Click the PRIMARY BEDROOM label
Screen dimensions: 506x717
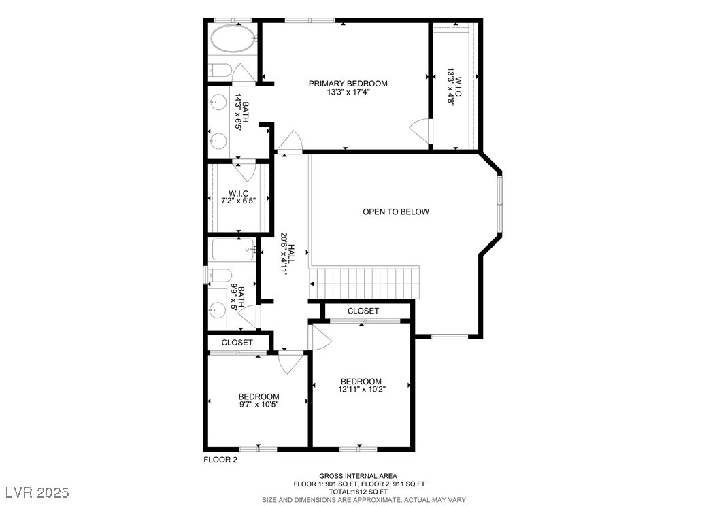point(348,84)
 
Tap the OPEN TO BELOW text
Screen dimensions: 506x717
point(395,212)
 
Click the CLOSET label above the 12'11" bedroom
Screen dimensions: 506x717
point(363,311)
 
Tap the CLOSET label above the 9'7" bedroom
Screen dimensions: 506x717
point(237,343)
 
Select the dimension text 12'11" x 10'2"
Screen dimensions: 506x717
point(361,390)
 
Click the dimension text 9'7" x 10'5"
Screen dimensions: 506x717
point(258,405)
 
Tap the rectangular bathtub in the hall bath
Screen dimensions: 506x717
point(233,250)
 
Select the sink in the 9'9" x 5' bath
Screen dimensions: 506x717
point(218,310)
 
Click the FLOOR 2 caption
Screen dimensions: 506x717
point(220,460)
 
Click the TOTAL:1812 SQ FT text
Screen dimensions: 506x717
point(358,492)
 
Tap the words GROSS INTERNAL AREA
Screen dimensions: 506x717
point(358,476)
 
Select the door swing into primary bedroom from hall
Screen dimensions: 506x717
point(289,141)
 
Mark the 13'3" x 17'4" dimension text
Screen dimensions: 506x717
point(348,92)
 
